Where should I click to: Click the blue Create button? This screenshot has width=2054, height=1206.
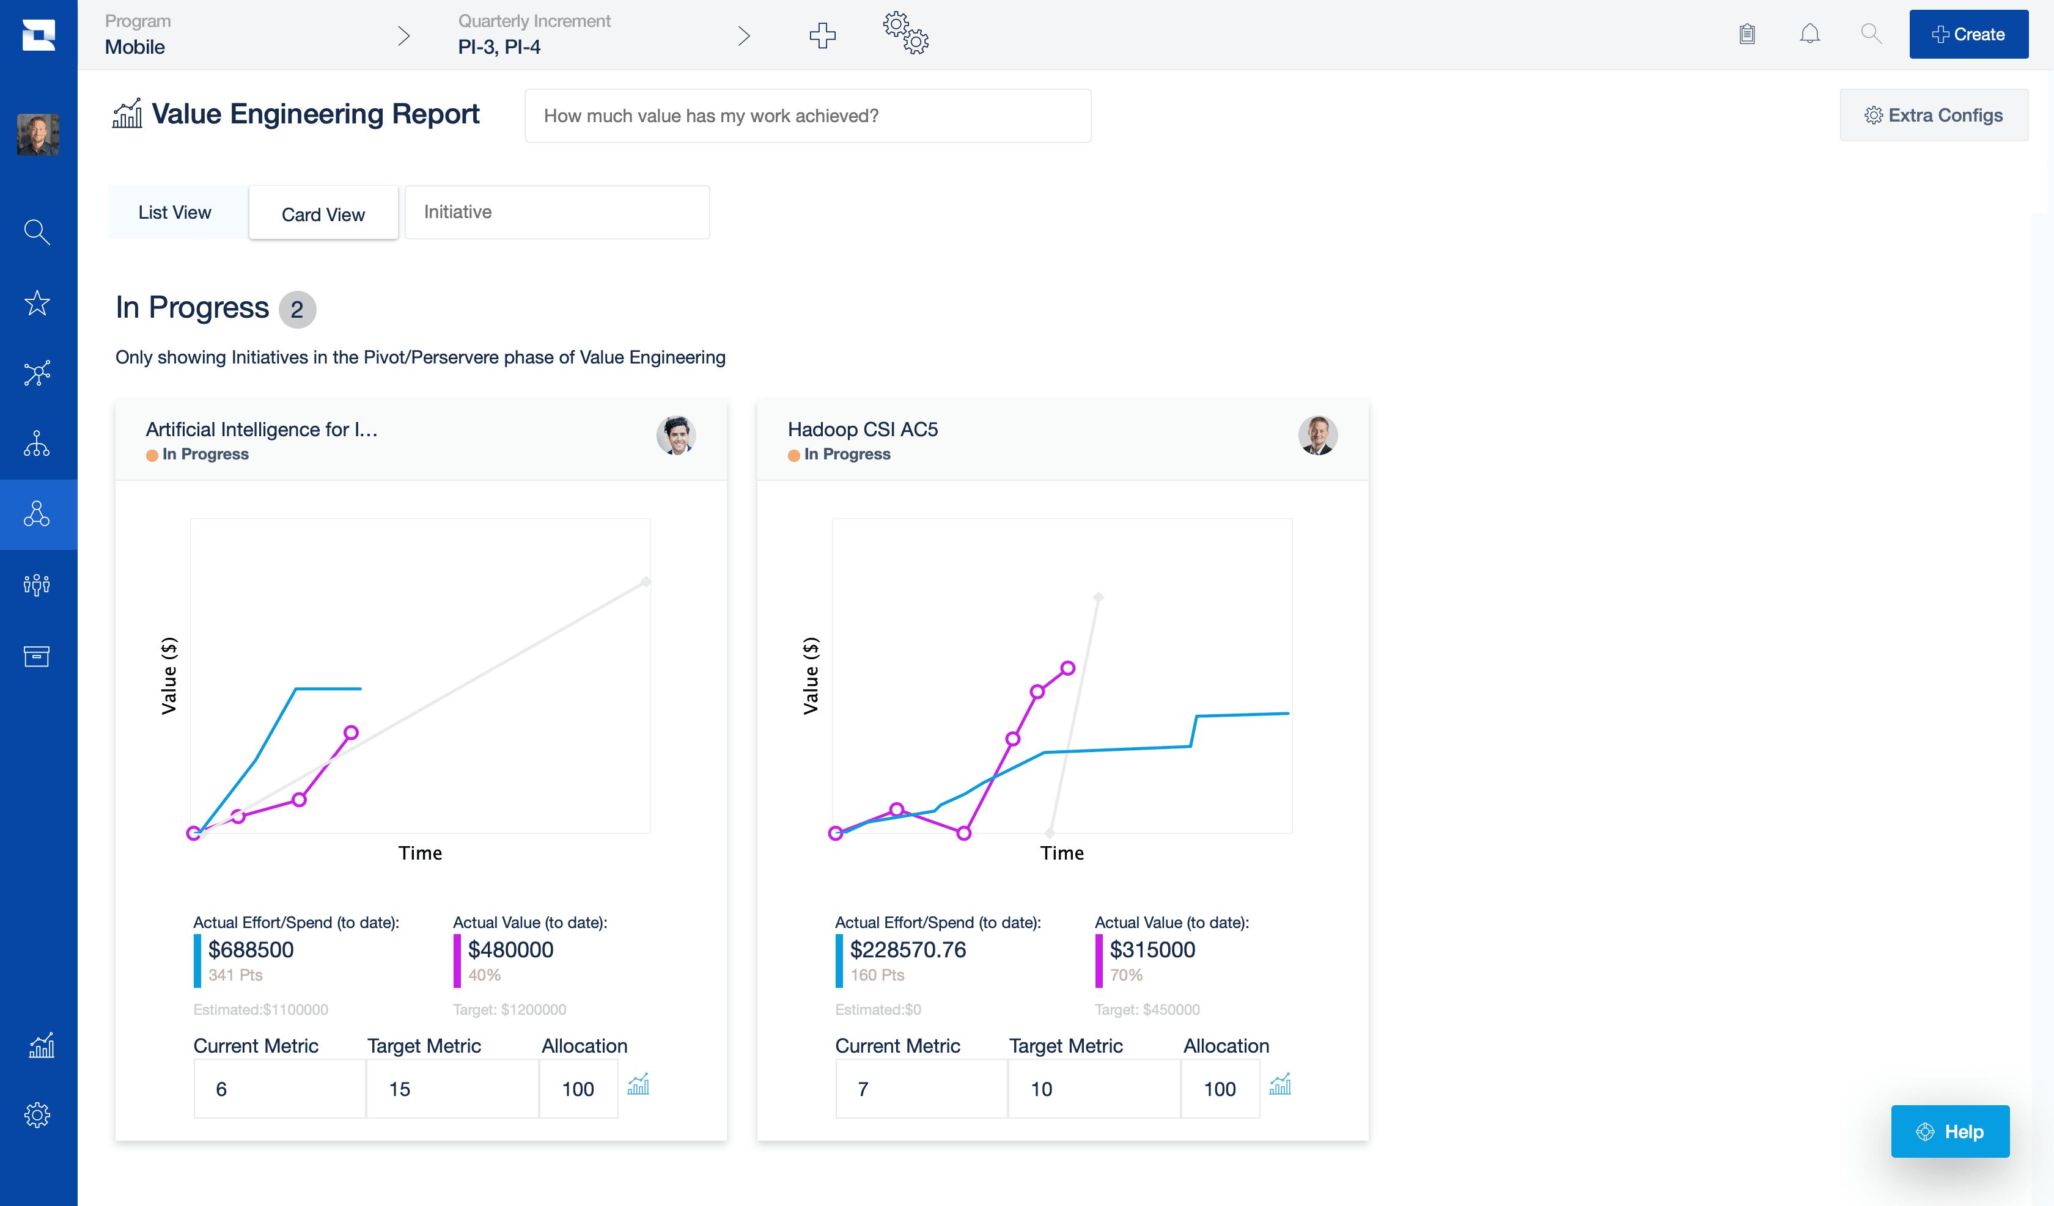click(1968, 34)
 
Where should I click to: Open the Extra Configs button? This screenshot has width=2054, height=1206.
click(1934, 115)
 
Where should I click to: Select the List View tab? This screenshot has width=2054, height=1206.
click(174, 213)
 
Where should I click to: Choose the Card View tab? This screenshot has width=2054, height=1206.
click(323, 214)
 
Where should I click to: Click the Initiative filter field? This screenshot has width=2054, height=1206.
click(557, 213)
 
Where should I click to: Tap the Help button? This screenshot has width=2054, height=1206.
click(1949, 1132)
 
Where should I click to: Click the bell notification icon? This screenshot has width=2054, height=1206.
click(1809, 34)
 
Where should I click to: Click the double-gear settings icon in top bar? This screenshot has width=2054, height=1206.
click(905, 34)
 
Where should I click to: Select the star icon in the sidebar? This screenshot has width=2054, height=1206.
click(37, 303)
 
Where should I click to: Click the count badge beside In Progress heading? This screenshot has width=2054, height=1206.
click(296, 310)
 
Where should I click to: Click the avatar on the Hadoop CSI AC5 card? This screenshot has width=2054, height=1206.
click(1317, 435)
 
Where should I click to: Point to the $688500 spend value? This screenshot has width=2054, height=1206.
click(250, 950)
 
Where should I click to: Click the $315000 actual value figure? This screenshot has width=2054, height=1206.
click(1152, 950)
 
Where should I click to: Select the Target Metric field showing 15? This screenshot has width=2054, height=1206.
click(452, 1089)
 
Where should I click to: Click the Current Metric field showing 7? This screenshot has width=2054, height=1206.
click(921, 1089)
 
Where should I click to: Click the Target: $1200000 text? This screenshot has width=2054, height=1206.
click(509, 1010)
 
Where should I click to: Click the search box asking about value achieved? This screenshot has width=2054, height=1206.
click(807, 115)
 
